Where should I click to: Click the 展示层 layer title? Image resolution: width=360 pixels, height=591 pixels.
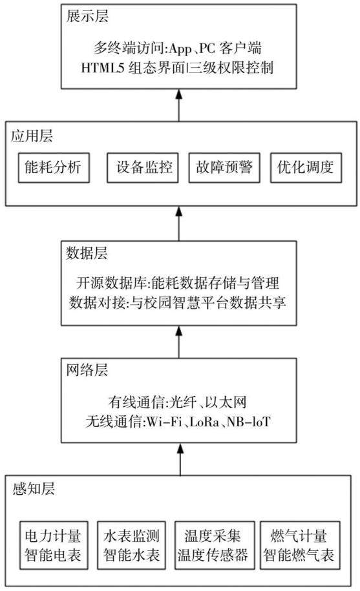click(x=87, y=17)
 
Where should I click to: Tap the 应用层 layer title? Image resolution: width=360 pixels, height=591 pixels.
click(x=32, y=136)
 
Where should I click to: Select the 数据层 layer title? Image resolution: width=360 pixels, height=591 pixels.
click(x=87, y=253)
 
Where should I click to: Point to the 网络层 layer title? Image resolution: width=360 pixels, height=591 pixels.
click(x=87, y=370)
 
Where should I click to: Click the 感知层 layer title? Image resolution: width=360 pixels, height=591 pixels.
click(x=34, y=488)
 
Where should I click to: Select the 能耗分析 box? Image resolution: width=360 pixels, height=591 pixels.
click(x=54, y=168)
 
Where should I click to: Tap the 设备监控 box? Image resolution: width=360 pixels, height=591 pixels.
click(x=142, y=168)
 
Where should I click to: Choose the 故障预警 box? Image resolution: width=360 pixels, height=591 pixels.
click(x=224, y=168)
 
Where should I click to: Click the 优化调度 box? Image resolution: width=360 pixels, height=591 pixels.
click(x=306, y=168)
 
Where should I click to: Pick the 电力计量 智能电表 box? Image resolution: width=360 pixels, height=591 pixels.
click(x=54, y=545)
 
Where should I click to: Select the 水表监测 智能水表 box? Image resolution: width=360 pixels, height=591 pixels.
click(x=131, y=545)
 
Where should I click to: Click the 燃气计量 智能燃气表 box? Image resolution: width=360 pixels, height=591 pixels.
click(x=300, y=545)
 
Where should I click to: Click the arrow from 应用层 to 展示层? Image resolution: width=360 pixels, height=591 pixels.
click(x=178, y=105)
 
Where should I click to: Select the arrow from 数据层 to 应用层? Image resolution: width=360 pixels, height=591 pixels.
click(x=178, y=223)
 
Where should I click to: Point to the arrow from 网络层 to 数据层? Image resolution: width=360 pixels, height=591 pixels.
click(x=178, y=342)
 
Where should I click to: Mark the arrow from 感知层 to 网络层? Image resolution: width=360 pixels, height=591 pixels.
click(x=180, y=459)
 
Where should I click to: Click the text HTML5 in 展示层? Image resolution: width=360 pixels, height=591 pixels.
click(x=103, y=68)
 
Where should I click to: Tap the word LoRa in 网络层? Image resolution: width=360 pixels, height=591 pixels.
click(x=204, y=422)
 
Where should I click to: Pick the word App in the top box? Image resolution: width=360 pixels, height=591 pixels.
click(x=180, y=49)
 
